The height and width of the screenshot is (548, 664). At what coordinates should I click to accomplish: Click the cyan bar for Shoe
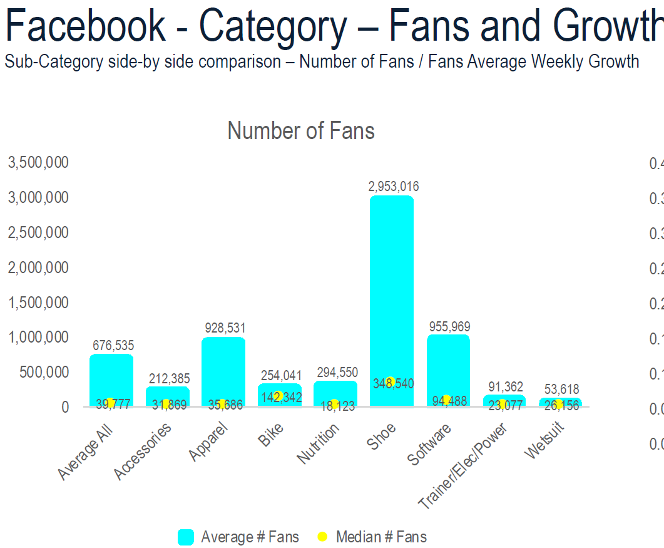click(392, 301)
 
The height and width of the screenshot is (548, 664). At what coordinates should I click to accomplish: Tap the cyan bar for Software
click(448, 370)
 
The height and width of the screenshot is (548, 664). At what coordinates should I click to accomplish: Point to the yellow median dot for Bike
click(278, 396)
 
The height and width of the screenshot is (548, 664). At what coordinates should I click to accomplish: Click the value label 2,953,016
click(394, 186)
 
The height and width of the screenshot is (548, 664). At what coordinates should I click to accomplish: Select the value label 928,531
click(225, 328)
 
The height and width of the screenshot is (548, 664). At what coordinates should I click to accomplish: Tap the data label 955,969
click(449, 326)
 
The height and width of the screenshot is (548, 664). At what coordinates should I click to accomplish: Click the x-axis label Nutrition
click(319, 443)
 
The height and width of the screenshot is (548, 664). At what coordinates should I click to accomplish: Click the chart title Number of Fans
click(301, 131)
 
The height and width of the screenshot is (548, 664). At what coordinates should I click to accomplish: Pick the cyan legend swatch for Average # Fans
click(186, 537)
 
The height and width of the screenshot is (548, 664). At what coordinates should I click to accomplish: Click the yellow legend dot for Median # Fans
click(323, 537)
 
